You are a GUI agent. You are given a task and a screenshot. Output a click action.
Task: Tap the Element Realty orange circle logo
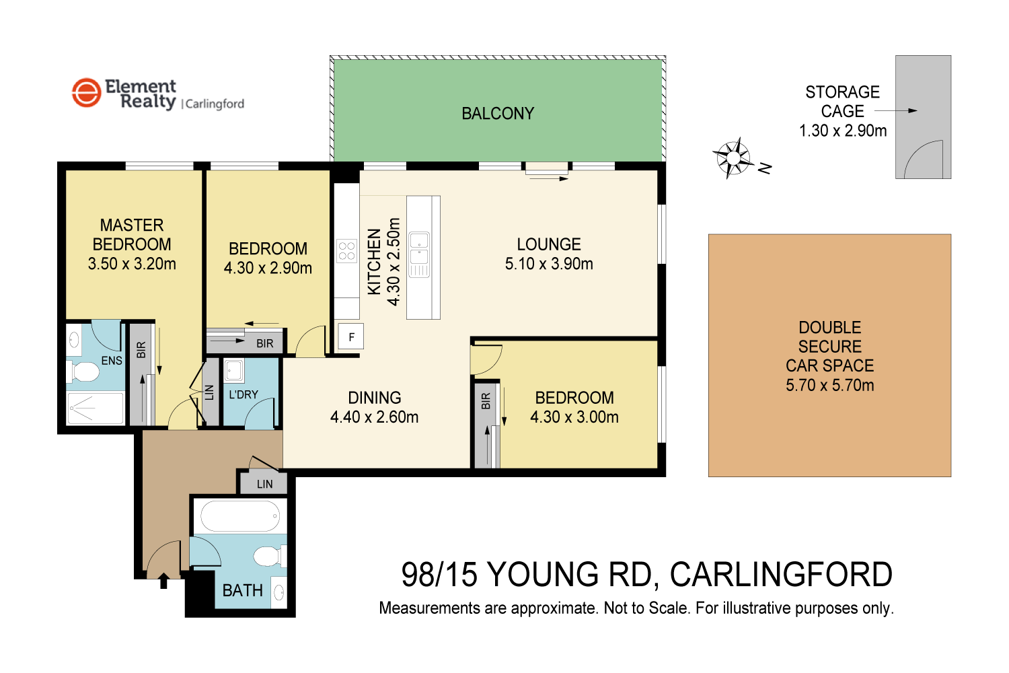86,93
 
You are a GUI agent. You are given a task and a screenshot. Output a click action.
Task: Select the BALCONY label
498,114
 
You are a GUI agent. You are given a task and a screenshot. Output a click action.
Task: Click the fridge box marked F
351,337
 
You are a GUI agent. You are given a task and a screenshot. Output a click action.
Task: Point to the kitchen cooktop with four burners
346,252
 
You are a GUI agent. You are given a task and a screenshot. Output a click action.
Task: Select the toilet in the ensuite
83,371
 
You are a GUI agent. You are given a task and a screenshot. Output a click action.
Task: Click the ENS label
112,361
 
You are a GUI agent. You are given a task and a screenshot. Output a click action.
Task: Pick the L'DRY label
243,394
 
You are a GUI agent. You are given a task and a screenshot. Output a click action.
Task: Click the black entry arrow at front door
163,581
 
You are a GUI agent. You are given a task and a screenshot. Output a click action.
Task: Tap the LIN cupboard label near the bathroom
264,484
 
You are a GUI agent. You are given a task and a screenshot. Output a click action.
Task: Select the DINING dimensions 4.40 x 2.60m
374,417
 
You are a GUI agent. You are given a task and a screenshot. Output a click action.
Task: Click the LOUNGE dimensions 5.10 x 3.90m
549,264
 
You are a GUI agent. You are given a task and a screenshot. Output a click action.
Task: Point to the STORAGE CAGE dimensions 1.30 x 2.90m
842,131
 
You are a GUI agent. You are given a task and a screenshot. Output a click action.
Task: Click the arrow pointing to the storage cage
896,111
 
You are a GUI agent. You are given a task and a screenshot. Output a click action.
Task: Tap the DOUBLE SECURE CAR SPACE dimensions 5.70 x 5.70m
829,386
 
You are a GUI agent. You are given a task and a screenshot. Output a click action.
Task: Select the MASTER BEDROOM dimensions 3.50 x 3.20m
132,264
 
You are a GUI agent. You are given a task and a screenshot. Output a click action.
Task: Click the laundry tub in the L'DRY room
234,371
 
